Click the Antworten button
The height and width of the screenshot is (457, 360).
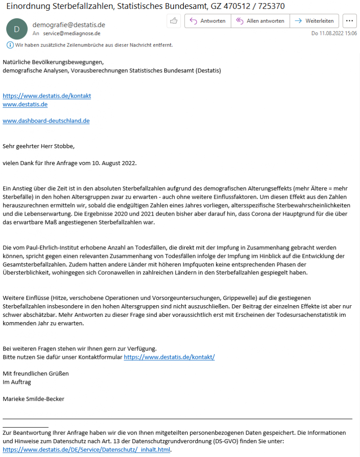point(208,21)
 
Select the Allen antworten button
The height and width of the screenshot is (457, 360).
point(260,21)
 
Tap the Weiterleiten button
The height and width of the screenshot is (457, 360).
point(314,21)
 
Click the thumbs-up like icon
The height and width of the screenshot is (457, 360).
point(173,21)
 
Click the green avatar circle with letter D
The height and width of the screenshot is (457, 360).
point(17,29)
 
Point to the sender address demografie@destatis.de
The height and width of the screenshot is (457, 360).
point(69,25)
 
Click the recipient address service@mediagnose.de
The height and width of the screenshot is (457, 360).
point(71,33)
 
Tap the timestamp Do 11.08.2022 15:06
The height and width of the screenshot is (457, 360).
point(334,33)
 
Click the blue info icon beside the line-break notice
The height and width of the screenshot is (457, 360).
point(10,45)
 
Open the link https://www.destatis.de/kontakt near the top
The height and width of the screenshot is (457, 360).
point(47,96)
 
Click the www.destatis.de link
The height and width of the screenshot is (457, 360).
point(25,104)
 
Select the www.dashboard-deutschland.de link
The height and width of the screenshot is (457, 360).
point(46,121)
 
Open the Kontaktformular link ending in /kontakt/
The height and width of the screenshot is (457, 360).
point(169,357)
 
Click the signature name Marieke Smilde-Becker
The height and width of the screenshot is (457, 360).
point(33,399)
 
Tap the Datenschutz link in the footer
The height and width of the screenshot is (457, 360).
point(87,450)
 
